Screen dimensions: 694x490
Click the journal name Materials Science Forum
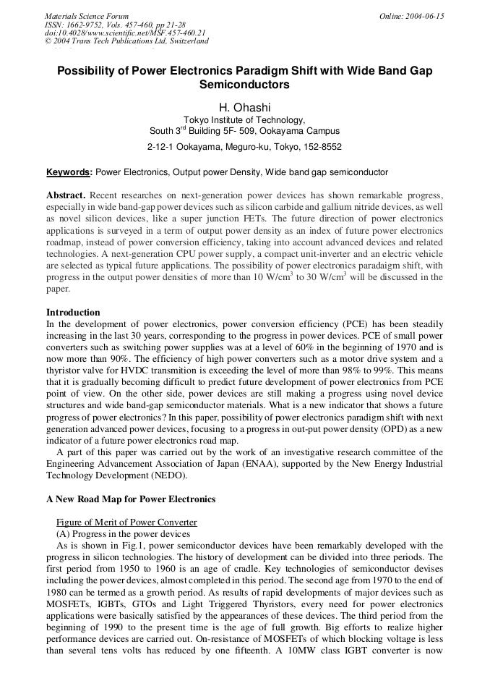click(87, 15)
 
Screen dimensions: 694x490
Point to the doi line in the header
click(125, 33)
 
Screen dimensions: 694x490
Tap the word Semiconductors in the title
click(244, 85)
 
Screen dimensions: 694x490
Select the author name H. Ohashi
click(244, 108)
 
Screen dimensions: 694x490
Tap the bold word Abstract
click(66, 196)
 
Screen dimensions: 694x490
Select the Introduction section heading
click(73, 313)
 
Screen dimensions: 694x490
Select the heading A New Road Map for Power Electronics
click(131, 499)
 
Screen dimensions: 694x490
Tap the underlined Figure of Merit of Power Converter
click(126, 522)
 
